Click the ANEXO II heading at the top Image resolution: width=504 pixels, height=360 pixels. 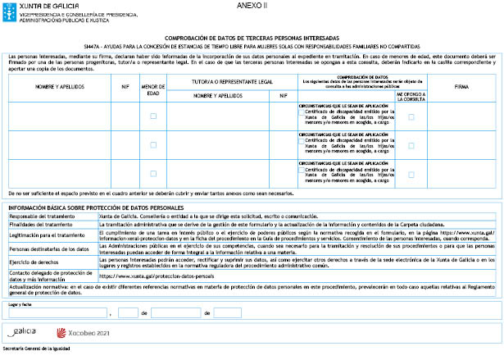[247, 5]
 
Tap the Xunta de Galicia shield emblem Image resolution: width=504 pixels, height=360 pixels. [7, 10]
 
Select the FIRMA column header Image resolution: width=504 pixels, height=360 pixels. [461, 85]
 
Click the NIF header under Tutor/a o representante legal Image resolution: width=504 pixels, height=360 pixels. [284, 95]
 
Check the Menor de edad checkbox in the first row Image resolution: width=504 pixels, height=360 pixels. [153, 116]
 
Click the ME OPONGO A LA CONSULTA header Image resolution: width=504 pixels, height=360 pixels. [411, 95]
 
